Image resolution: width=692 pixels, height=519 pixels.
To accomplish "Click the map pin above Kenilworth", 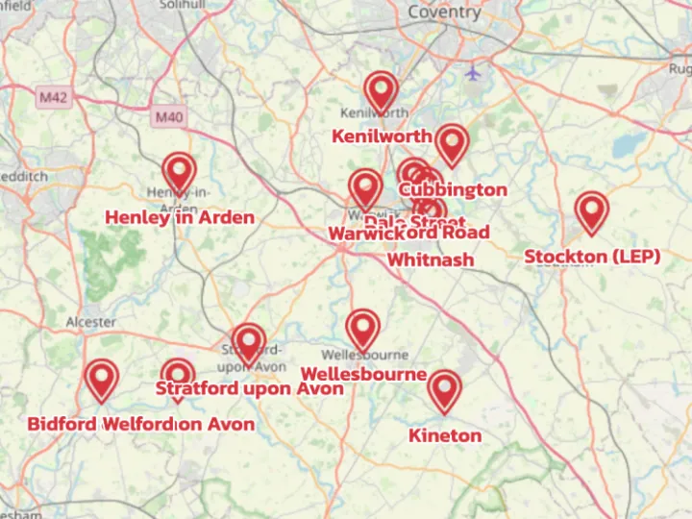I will coord(382,92).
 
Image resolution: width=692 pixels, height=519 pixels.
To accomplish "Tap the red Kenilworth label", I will coord(382,136).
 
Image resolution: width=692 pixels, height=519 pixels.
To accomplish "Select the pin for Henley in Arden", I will coord(179,173).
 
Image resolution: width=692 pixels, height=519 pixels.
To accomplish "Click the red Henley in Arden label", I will coord(180,217).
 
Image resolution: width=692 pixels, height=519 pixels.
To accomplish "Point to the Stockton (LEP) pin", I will coord(592,212).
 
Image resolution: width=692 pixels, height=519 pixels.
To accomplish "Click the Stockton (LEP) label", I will coord(592,257).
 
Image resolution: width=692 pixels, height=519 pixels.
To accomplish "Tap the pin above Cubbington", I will coord(451,144).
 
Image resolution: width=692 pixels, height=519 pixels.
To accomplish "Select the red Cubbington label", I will coord(453,189).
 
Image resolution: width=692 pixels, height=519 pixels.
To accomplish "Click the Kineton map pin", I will coord(444,391).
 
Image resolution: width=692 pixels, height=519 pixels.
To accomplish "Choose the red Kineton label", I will coord(445,435).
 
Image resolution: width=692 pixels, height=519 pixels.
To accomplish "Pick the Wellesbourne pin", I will coord(362,330).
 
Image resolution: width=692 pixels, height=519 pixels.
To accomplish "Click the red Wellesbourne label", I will coord(363,373).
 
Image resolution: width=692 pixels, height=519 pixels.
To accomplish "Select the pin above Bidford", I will coord(101,380).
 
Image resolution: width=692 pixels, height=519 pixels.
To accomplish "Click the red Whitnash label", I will coord(431,259).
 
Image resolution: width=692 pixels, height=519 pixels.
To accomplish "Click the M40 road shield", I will coord(167,116).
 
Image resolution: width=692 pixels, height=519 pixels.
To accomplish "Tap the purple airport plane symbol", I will coord(472,72).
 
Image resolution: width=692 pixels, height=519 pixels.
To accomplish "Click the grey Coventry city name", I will coord(444,12).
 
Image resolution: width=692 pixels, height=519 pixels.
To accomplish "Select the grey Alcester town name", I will coord(91,322).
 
